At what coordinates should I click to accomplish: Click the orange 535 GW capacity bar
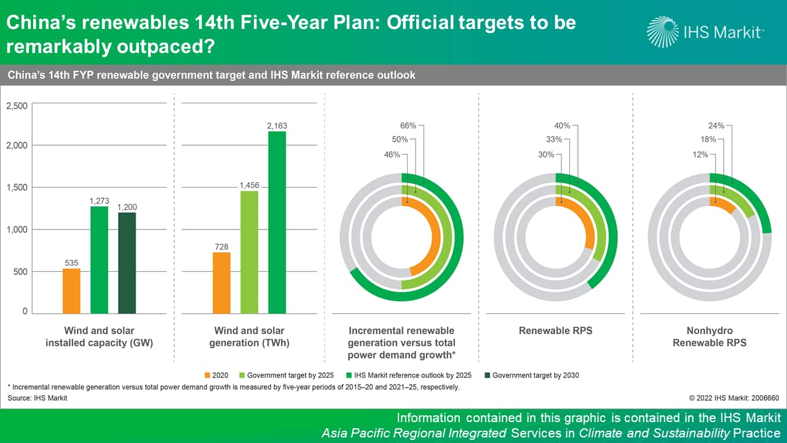click(x=71, y=290)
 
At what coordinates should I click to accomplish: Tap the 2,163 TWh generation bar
click(x=277, y=221)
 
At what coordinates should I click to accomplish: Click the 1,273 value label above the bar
click(x=99, y=200)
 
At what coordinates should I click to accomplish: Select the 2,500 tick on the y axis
click(x=17, y=106)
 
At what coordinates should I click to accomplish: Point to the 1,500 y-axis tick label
click(x=17, y=187)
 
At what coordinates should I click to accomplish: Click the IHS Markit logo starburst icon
click(x=663, y=31)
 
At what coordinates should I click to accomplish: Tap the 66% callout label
click(x=408, y=126)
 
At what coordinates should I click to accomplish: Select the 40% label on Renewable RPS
click(x=562, y=126)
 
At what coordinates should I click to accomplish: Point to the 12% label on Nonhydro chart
click(x=700, y=154)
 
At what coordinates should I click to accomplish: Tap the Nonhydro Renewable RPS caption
click(x=710, y=337)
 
